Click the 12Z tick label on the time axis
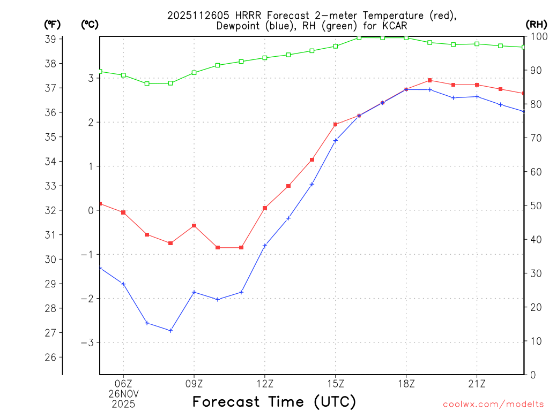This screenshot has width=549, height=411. click(264, 383)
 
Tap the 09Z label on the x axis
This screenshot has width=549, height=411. click(194, 383)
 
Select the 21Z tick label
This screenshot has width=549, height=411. click(477, 383)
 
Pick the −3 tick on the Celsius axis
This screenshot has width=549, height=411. click(87, 342)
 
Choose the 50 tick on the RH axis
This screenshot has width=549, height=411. click(535, 206)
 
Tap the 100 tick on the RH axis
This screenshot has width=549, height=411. click(537, 37)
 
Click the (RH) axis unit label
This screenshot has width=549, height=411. click(536, 24)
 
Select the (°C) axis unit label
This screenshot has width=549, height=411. click(90, 24)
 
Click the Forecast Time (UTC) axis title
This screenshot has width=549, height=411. click(274, 401)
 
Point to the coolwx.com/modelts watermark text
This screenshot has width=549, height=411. click(493, 404)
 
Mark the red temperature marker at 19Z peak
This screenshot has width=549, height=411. click(430, 80)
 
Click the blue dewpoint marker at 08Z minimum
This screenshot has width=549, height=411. click(170, 331)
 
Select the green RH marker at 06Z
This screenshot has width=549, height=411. click(123, 75)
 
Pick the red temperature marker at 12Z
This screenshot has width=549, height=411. click(265, 208)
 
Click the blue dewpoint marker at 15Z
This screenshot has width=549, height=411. click(336, 141)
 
